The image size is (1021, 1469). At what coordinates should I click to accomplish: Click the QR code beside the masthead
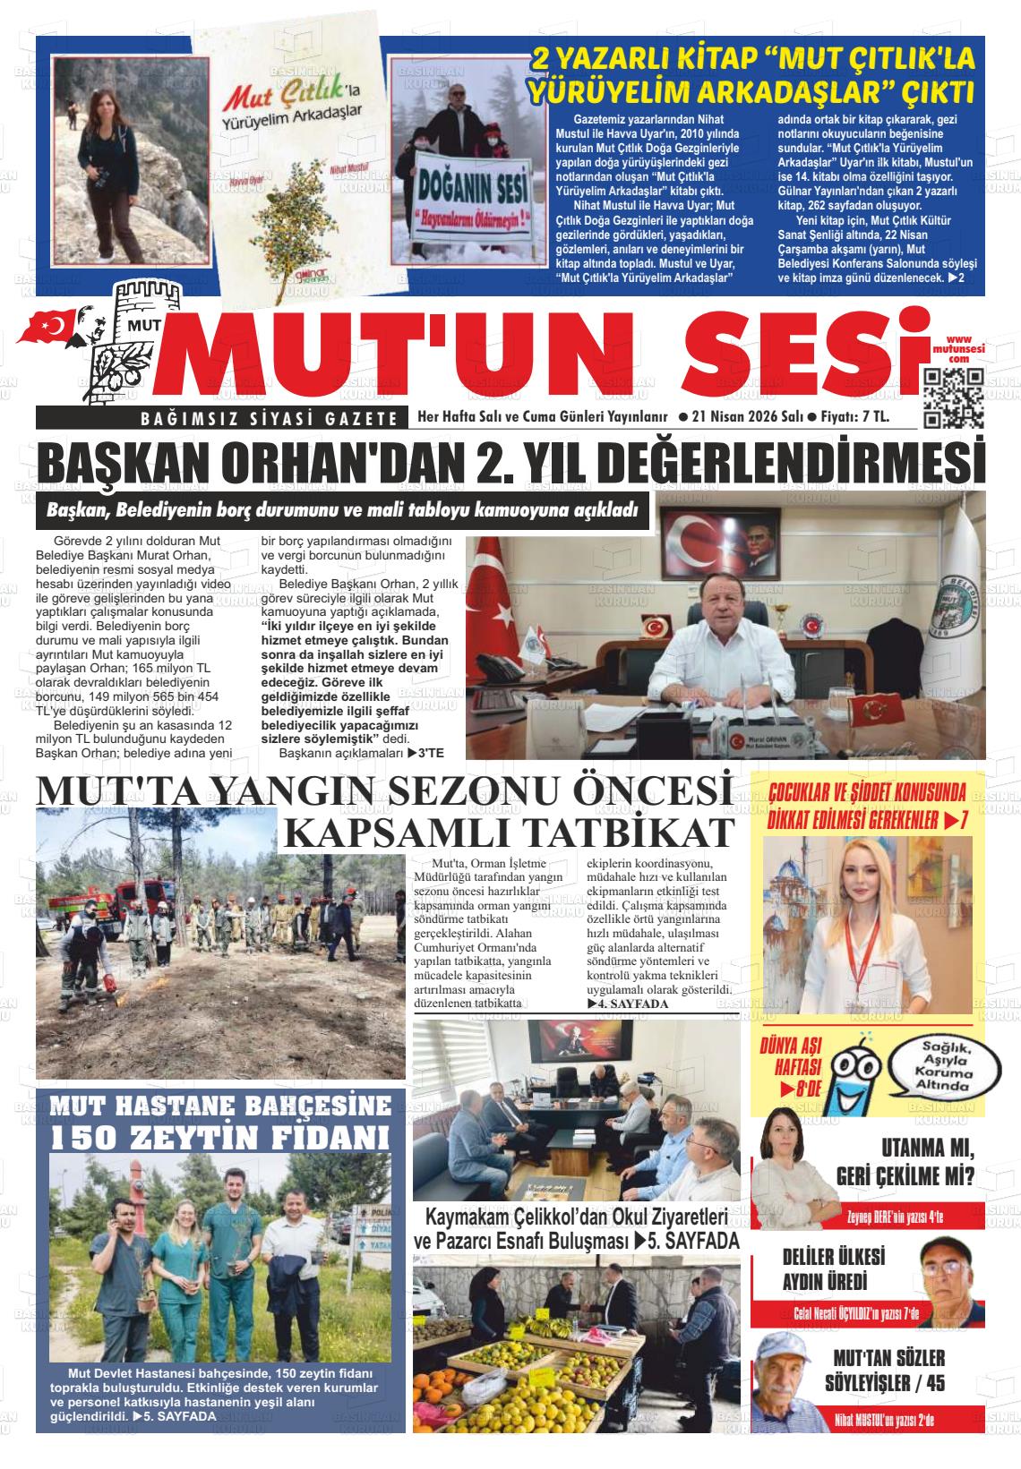click(954, 395)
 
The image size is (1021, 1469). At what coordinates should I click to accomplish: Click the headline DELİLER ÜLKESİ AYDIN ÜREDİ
click(833, 1268)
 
